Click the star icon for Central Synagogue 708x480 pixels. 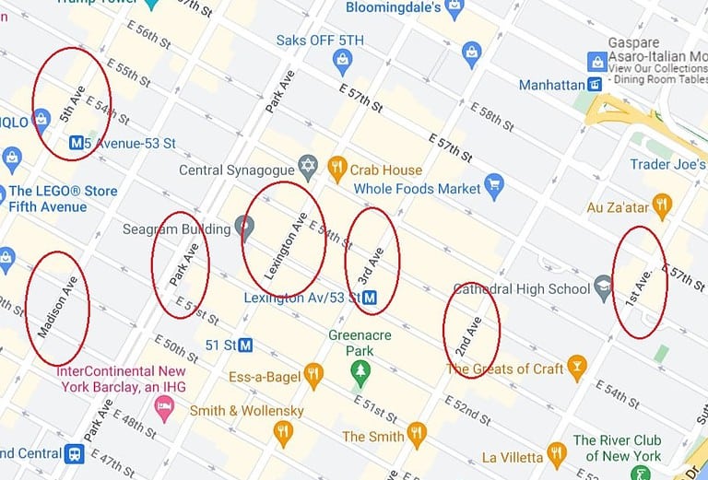coord(308,167)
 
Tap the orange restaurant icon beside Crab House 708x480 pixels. coord(336,168)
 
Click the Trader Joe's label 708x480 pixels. coord(668,164)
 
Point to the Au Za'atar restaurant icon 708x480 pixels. coord(661,205)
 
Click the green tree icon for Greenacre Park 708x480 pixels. coord(360,372)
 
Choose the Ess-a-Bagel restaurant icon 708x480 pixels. coord(313,373)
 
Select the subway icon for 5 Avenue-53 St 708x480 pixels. coord(79,143)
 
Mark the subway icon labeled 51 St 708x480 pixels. coord(246,345)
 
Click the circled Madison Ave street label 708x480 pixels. coord(58,306)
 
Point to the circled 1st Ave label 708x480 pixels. coord(639,287)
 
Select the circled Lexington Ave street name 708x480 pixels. coord(286,239)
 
